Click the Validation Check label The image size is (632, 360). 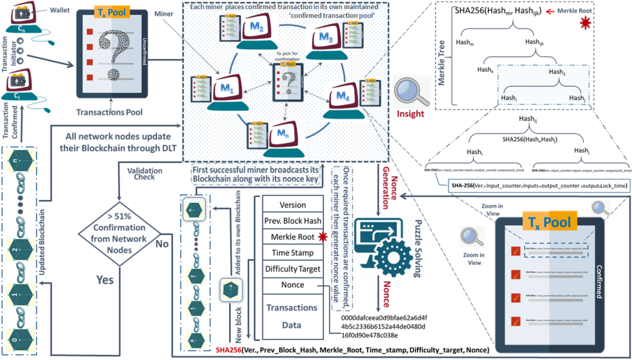145,174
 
